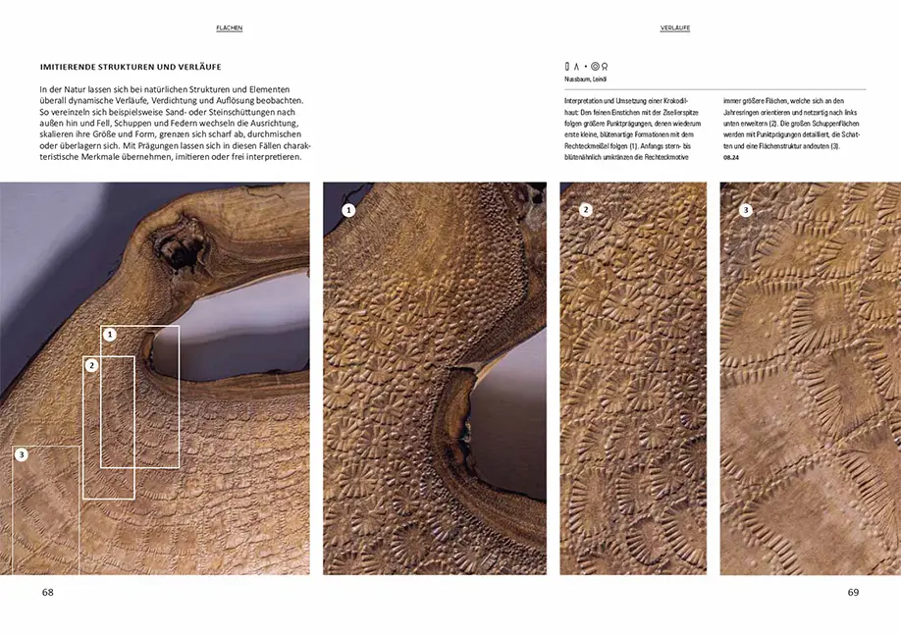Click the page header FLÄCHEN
pos(229,28)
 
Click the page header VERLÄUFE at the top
pos(674,28)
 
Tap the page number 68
pos(48,592)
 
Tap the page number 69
pos(853,592)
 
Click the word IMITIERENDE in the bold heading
pos(71,67)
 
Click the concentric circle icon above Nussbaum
pos(595,67)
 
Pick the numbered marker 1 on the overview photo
pos(110,335)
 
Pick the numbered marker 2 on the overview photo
pos(91,365)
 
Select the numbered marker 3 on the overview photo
pos(22,454)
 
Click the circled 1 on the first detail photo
pos(348,209)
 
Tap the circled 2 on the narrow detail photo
pos(586,209)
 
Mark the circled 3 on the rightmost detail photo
pos(745,209)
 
